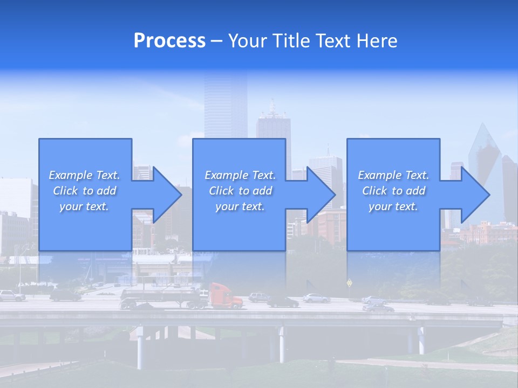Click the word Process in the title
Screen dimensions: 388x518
(169, 41)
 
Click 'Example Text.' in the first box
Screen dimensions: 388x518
(85, 175)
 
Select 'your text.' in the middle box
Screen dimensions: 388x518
(240, 206)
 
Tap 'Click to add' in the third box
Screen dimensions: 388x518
(393, 191)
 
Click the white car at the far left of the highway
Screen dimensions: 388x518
(11, 295)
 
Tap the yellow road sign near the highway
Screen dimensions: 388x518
(349, 282)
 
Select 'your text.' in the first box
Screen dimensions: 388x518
(85, 206)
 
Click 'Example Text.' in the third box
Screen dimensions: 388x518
(393, 175)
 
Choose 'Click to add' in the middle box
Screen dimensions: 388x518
(240, 191)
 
